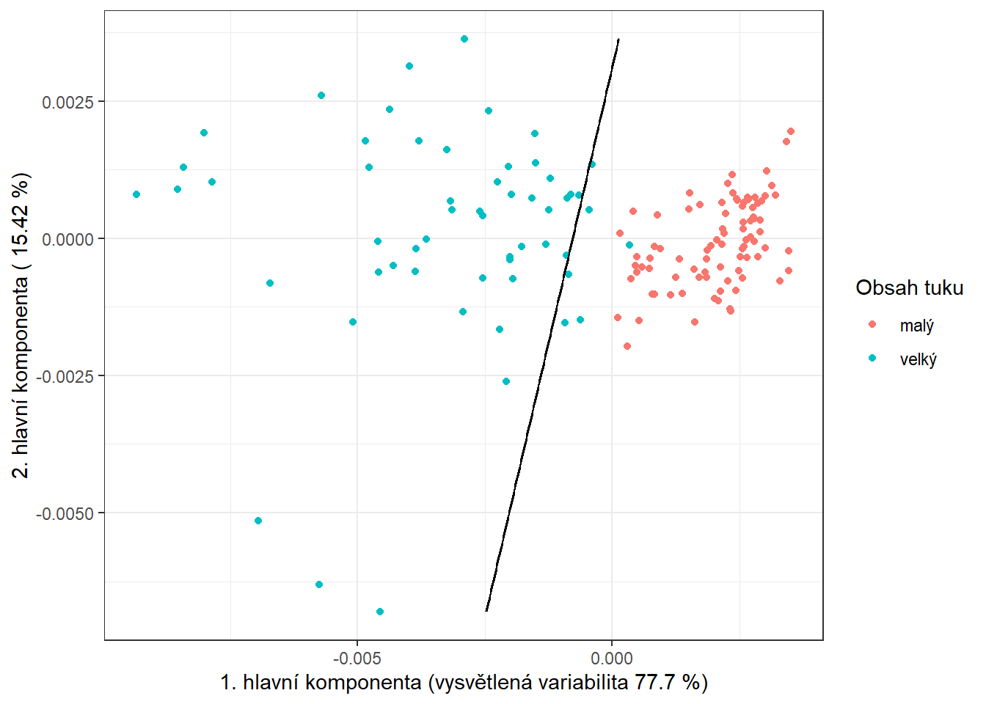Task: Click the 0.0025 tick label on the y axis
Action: (x=67, y=102)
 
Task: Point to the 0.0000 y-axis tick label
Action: (x=67, y=239)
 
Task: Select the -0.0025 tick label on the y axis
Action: (x=65, y=376)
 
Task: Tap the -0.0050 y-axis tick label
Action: (x=65, y=513)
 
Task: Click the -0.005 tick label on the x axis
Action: (x=357, y=659)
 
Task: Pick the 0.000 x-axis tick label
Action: (x=612, y=659)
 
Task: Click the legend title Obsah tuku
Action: (x=909, y=287)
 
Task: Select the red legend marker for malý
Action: (x=872, y=324)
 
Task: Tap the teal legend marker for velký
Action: (x=872, y=359)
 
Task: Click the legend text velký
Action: (x=918, y=359)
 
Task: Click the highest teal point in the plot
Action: (x=464, y=39)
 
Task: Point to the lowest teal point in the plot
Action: (x=380, y=612)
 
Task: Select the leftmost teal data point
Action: (x=136, y=194)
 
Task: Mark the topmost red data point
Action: (x=791, y=131)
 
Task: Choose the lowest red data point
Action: (x=627, y=346)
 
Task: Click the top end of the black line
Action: (x=618, y=40)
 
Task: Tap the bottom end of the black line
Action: (x=486, y=610)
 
